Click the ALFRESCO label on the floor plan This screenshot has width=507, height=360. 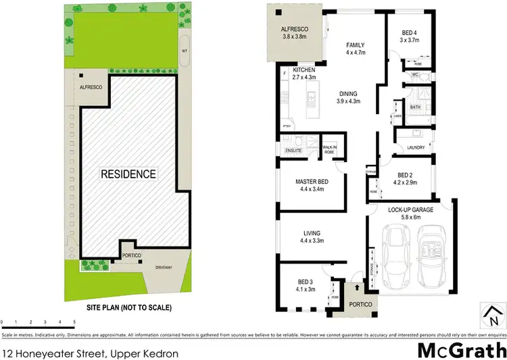click(295, 30)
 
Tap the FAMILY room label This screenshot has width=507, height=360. click(356, 45)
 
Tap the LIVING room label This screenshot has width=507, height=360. click(310, 233)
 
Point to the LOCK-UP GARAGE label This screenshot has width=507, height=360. click(410, 209)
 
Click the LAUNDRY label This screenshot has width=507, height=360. click(416, 147)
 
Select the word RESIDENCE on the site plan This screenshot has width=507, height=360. click(128, 174)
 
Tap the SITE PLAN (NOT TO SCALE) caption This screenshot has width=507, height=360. click(128, 308)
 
